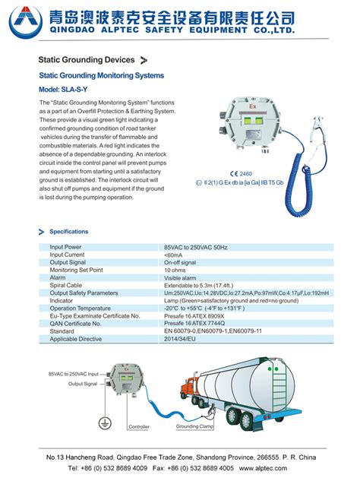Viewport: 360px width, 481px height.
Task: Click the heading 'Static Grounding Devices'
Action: click(x=87, y=59)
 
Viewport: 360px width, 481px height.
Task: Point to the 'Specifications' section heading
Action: click(x=69, y=232)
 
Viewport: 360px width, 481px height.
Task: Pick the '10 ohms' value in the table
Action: click(x=175, y=270)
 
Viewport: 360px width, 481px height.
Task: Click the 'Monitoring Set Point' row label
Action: click(x=76, y=270)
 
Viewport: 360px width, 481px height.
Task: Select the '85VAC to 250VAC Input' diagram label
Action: click(x=73, y=375)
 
